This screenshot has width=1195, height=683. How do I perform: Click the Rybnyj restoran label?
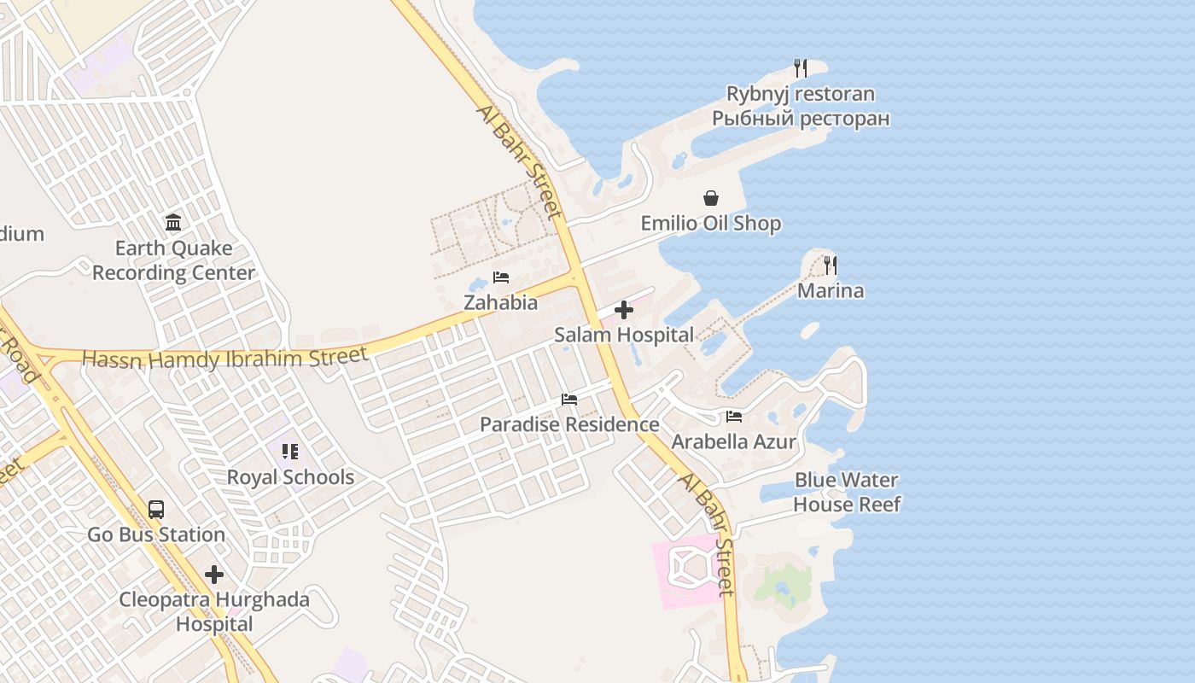801,94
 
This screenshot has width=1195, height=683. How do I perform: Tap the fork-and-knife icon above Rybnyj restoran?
801,68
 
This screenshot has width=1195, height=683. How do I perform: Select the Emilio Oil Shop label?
711,224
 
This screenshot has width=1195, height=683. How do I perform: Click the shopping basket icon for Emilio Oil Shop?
711,199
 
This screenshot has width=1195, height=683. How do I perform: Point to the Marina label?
831,291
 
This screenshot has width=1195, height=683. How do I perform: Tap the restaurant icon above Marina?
831,266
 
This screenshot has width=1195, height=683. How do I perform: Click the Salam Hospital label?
624,335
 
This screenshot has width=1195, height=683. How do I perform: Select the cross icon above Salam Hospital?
624,310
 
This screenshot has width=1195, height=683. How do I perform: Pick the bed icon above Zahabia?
501,277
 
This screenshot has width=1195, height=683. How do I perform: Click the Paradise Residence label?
569,424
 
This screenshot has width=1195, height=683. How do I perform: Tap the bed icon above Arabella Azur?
734,417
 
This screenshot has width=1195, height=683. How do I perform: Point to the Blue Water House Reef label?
847,492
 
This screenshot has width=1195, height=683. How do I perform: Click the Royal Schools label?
290,477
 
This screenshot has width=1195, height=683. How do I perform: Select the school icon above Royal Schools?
290,452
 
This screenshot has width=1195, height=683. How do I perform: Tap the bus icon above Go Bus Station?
156,510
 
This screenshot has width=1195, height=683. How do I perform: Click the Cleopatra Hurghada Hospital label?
214,611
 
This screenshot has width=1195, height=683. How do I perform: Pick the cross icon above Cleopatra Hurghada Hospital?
214,575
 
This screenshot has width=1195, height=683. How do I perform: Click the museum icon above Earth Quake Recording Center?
173,223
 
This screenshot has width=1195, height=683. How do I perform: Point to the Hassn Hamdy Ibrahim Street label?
225,359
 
